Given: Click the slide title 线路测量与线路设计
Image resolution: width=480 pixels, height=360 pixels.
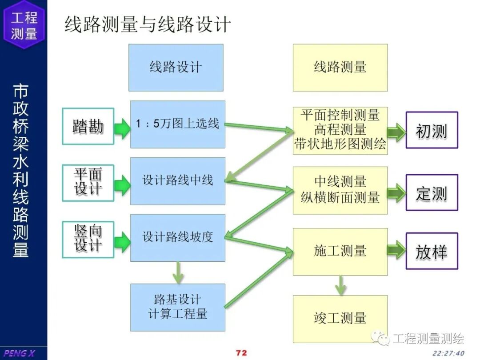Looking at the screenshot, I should (148, 24).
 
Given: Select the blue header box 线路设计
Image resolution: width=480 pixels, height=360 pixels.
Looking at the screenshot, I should (176, 68).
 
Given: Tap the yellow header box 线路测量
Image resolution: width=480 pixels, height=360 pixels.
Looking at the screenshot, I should (340, 68).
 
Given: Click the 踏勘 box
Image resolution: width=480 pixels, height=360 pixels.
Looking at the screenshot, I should (88, 127).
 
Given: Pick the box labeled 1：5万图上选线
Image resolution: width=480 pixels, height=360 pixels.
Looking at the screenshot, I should (177, 124).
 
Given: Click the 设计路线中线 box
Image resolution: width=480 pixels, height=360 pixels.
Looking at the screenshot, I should (177, 181).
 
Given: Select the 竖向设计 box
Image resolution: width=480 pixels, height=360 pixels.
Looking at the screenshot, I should (88, 239).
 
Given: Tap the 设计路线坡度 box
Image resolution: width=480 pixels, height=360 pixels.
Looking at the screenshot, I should (177, 237).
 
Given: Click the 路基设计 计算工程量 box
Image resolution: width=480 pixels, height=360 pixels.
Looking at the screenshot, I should (177, 307).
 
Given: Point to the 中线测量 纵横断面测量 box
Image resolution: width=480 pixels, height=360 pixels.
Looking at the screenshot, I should (340, 190).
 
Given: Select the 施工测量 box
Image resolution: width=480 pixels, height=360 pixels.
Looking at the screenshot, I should (340, 251).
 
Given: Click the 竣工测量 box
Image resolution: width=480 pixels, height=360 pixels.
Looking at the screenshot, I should (340, 318).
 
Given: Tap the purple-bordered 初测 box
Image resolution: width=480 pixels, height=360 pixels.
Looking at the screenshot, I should (431, 131).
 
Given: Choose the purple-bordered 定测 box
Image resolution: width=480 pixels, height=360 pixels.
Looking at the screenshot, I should (431, 193).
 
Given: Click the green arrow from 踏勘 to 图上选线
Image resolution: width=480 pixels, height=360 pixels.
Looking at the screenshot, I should (122, 128).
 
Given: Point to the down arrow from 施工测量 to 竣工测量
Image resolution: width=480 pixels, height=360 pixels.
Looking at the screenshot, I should (340, 285).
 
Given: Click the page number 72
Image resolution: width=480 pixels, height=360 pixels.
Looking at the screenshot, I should (241, 353).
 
